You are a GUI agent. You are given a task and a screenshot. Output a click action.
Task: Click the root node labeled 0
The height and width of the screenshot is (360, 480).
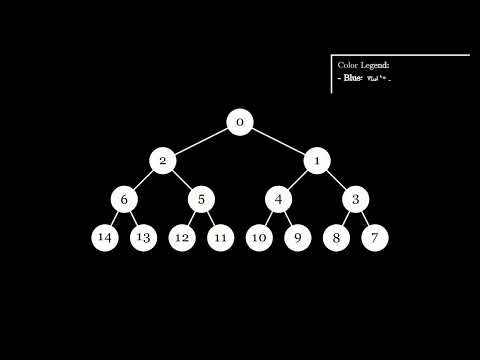tap(239, 122)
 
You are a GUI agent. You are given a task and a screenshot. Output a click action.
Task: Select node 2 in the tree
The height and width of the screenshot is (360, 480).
tap(162, 160)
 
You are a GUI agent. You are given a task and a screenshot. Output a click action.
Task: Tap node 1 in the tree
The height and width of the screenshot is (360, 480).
tap(317, 160)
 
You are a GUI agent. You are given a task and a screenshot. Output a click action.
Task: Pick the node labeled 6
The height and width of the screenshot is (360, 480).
tap(123, 199)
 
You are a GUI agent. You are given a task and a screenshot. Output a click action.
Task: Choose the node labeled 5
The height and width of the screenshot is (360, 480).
tap(201, 199)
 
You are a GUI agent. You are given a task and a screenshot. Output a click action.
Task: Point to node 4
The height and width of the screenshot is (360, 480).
tap(278, 199)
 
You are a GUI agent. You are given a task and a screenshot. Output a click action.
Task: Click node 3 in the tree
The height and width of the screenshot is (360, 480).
tap(356, 199)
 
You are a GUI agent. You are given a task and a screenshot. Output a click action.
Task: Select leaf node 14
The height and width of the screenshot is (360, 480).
tap(104, 238)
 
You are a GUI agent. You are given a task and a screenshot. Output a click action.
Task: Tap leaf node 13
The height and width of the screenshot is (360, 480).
tap(143, 238)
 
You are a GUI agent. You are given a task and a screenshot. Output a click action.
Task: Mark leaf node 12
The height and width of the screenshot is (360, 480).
tap(182, 238)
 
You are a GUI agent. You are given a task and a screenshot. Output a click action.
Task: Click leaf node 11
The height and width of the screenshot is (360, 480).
tap(220, 238)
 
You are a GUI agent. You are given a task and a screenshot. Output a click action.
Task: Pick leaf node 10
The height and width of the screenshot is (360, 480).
tap(259, 238)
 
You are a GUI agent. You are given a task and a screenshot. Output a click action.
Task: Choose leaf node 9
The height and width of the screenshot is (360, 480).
tap(298, 238)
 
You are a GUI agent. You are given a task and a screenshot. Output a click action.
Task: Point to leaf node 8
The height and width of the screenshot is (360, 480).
tap(336, 238)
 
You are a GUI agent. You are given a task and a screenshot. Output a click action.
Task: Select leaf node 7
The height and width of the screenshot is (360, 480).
tap(375, 238)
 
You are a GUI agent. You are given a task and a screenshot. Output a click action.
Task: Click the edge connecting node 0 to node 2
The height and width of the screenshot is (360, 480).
tap(200, 141)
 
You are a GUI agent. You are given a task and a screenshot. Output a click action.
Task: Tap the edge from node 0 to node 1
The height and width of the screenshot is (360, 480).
tap(278, 141)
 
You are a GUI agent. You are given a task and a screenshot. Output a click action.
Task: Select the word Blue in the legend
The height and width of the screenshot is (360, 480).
tap(352, 77)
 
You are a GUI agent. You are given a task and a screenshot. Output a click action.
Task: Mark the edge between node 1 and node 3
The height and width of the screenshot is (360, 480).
tap(337, 180)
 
